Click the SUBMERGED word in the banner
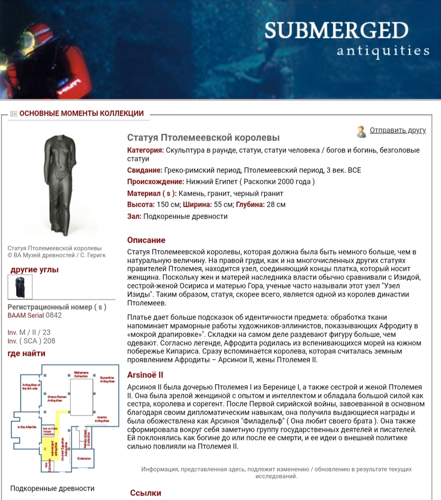336,31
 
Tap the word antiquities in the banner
383,50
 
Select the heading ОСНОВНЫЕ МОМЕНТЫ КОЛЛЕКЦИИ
81,114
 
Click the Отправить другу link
398,130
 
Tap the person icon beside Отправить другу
361,131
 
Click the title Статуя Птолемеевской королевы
203,138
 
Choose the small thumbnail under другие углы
20,287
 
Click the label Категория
145,150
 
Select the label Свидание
145,170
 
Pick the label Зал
134,216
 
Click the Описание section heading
146,240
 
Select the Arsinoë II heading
145,375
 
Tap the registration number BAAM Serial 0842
35,315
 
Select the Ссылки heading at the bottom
146,493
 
